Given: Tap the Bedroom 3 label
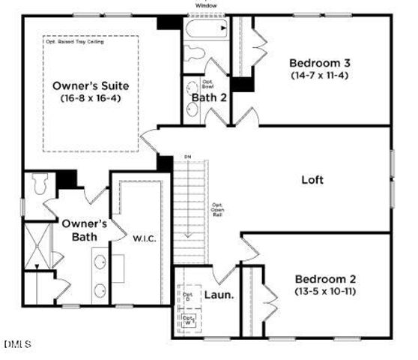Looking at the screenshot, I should pyautogui.click(x=321, y=62).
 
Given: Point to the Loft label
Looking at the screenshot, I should pyautogui.click(x=312, y=179).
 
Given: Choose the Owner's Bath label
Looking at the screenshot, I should pyautogui.click(x=84, y=229).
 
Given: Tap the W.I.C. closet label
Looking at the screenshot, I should pyautogui.click(x=144, y=239).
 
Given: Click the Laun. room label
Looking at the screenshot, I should pyautogui.click(x=219, y=295).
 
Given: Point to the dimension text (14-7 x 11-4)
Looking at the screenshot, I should pyautogui.click(x=321, y=75).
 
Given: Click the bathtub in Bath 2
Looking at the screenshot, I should pyautogui.click(x=205, y=31).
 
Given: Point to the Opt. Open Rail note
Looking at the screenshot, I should pyautogui.click(x=217, y=209).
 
